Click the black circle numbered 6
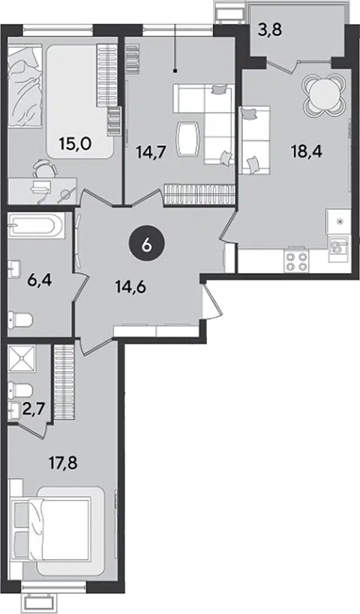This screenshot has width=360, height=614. click(147, 245)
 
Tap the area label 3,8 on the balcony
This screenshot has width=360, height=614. click(270, 30)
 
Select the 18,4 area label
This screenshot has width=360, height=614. click(306, 151)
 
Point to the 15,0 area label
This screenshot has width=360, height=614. click(75, 144)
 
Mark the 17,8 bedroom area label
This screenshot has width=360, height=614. click(63, 464)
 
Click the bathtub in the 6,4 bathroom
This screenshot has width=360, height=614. click(36, 226)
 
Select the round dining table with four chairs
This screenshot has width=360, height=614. click(324, 94)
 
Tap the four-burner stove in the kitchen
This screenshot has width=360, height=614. click(295, 262)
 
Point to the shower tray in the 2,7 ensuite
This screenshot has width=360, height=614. click(22, 357)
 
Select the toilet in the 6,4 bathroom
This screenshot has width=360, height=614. click(20, 320)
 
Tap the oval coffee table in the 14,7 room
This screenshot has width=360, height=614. click(188, 139)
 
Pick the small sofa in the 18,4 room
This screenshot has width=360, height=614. click(256, 140)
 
